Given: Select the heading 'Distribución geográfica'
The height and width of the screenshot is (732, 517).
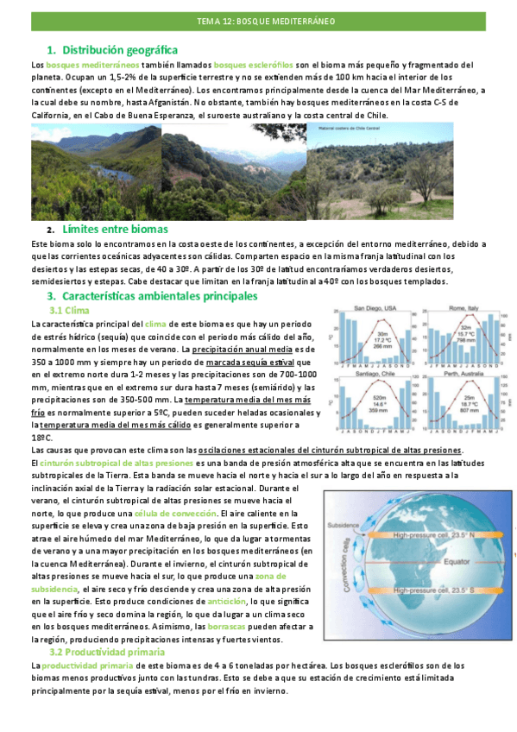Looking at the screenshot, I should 120,51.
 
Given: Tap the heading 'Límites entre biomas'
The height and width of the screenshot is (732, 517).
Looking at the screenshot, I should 115,229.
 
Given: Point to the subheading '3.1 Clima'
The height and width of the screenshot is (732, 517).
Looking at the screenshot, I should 70,310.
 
